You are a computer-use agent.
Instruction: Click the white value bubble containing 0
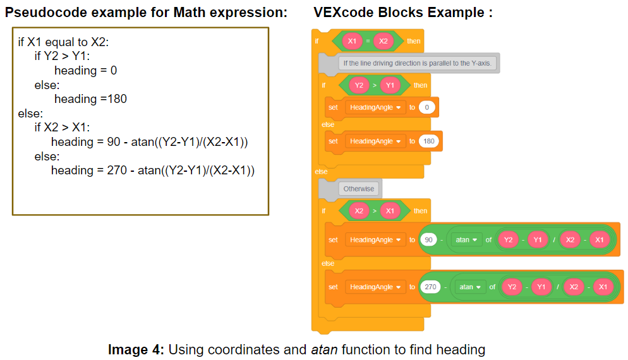click(x=427, y=107)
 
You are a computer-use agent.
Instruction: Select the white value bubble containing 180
click(x=429, y=141)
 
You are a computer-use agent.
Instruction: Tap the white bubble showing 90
click(x=430, y=240)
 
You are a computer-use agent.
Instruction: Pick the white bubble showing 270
click(x=431, y=287)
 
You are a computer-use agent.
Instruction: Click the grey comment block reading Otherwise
click(x=359, y=188)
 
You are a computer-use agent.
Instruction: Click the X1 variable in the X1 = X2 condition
click(x=353, y=41)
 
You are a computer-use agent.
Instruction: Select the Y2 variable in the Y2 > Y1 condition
click(x=359, y=85)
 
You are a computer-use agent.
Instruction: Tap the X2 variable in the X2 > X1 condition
click(x=359, y=211)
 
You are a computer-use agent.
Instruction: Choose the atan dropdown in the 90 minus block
click(x=465, y=240)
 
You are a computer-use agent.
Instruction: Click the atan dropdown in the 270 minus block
click(x=469, y=287)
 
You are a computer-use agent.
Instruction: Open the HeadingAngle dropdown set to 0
click(x=375, y=107)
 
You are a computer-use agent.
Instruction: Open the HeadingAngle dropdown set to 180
click(x=375, y=141)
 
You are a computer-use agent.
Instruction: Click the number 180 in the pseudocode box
click(x=118, y=99)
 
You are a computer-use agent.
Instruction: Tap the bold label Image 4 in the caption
click(x=136, y=349)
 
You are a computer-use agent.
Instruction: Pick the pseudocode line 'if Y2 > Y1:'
click(x=63, y=56)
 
